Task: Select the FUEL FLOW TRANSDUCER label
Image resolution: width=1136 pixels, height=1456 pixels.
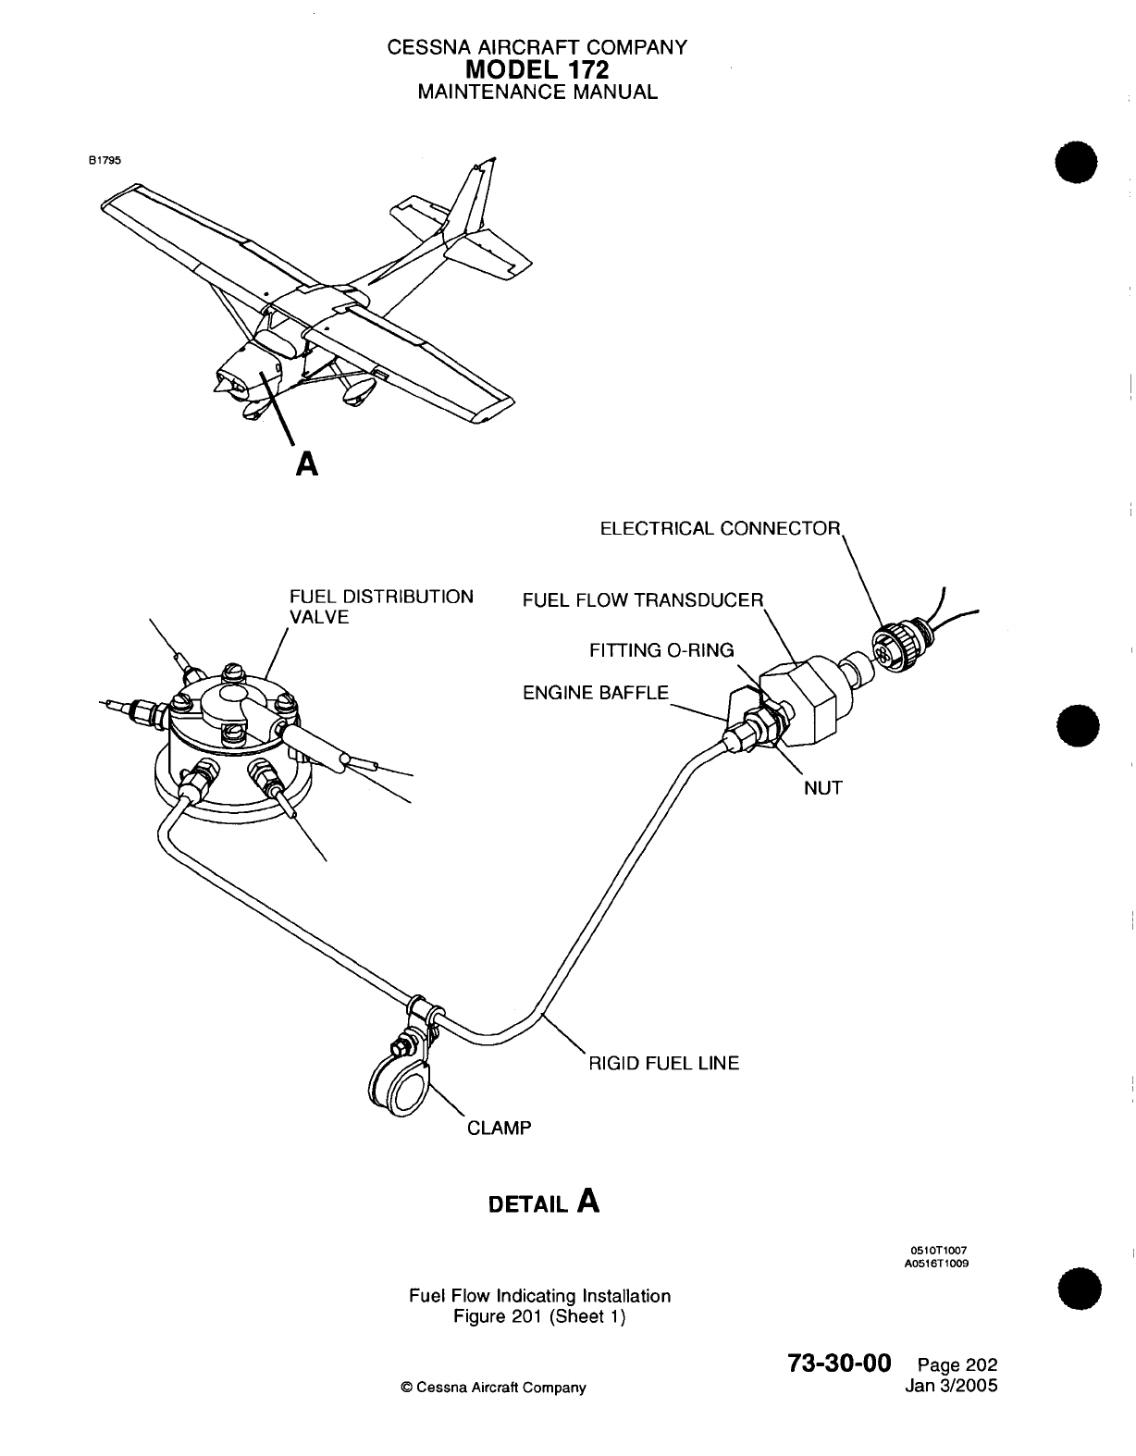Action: point(643,600)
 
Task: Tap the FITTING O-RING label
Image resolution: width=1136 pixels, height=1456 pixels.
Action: point(661,650)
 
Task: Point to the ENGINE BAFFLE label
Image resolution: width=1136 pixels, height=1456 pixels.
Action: point(595,692)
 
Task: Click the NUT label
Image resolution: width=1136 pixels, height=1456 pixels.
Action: point(822,788)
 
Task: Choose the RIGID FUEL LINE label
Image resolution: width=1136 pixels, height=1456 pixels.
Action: point(664,1064)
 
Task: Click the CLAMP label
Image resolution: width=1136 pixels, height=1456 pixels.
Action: point(499,1129)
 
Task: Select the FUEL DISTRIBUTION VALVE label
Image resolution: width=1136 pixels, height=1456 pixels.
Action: point(381,607)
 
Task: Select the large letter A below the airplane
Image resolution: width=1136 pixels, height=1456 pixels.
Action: point(306,463)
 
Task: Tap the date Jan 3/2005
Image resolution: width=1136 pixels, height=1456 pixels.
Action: point(956,1386)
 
